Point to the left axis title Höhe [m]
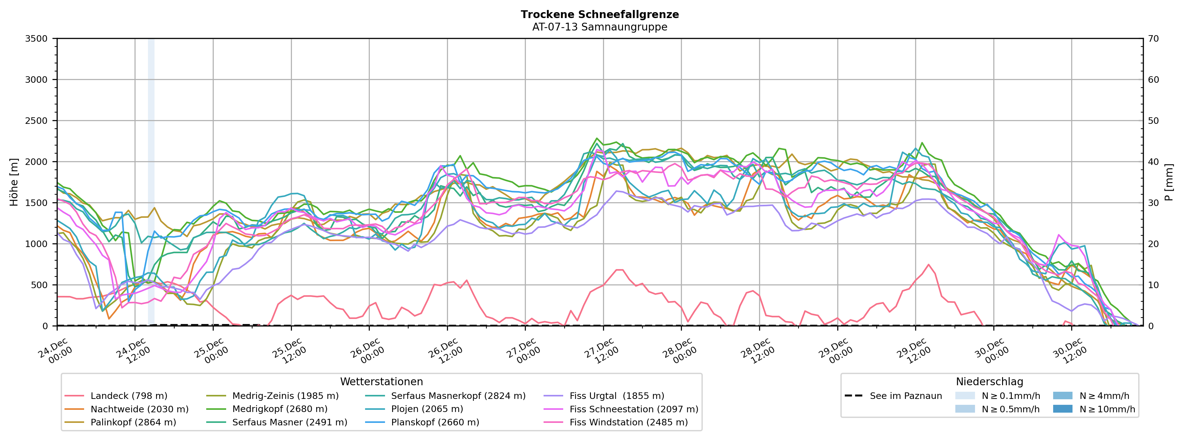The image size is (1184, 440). click(14, 182)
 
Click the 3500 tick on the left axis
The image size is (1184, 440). click(36, 39)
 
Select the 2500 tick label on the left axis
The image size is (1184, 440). click(36, 121)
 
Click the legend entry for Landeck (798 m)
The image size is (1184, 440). click(129, 396)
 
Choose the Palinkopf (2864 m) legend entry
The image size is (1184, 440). click(133, 422)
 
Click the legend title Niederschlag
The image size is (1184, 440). click(989, 382)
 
